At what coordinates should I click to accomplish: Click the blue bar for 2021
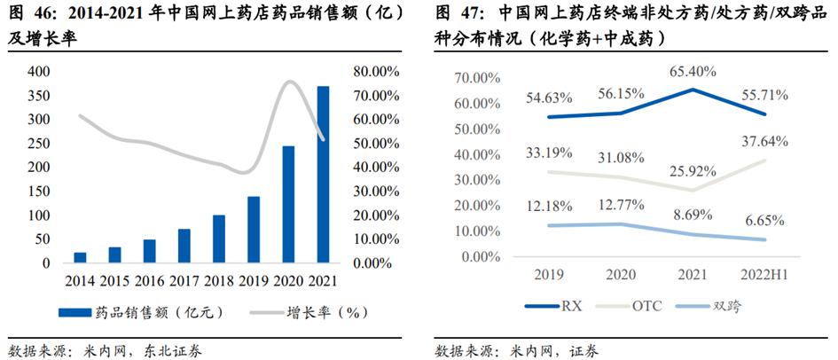point(324,175)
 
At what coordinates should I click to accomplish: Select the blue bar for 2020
point(288,205)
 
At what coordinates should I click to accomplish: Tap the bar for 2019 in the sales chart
point(254,230)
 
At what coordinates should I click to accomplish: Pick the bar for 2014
point(81,257)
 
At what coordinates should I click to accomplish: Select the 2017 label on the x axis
point(184,281)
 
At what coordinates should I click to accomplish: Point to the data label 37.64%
point(764,140)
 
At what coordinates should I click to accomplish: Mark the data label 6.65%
point(764,219)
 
